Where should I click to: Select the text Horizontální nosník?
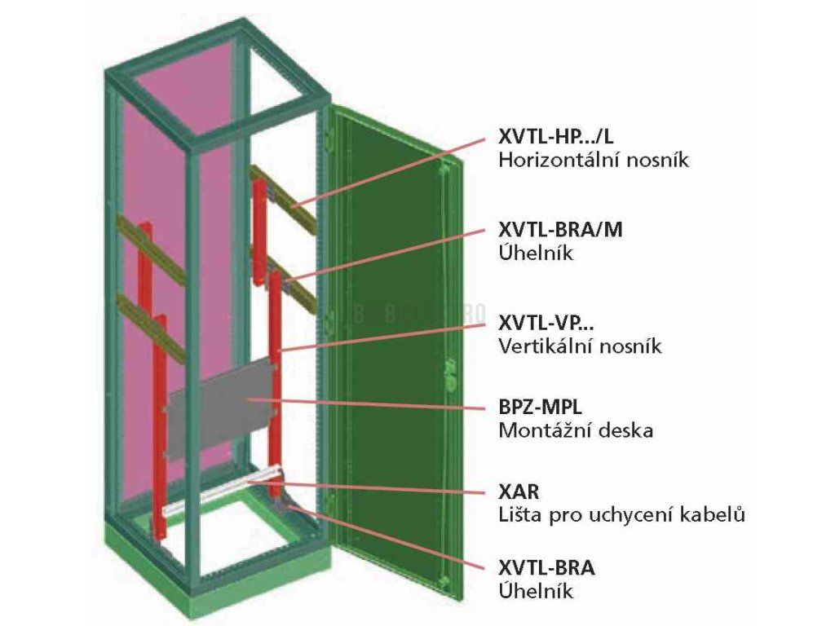coord(593,160)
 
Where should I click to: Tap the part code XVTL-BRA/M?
coord(560,230)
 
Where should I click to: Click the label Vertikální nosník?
coord(580,346)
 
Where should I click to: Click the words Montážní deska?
coord(575,430)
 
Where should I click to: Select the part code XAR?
coord(519,492)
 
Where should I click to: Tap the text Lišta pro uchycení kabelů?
coord(621,515)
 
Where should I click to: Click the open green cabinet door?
coord(391,342)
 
